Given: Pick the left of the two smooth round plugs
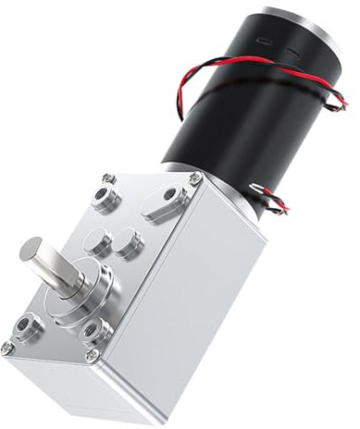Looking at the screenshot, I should pyautogui.click(x=96, y=242).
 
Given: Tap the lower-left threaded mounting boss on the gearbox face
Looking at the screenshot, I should pyautogui.click(x=25, y=325).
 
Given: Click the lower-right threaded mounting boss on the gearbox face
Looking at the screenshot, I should pyautogui.click(x=93, y=330).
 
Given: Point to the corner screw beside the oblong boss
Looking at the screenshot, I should pyautogui.click(x=195, y=178).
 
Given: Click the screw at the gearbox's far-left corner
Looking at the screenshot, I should pyautogui.click(x=7, y=348).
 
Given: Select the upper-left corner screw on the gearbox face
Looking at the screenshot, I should pyautogui.click(x=109, y=177).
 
